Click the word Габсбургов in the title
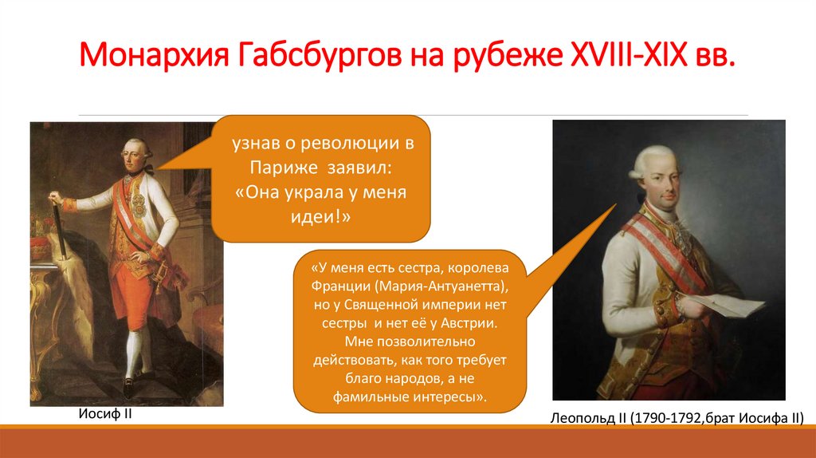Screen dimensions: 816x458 [320, 55]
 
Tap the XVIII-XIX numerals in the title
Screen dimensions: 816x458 [629, 53]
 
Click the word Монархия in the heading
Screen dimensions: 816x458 [154, 55]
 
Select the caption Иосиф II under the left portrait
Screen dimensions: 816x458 [105, 413]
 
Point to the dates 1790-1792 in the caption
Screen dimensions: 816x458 [665, 418]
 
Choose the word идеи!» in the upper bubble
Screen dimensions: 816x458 [320, 217]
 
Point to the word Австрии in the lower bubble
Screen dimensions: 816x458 [469, 324]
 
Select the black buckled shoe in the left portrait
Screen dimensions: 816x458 [128, 386]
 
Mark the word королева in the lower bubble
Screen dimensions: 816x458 [478, 268]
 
